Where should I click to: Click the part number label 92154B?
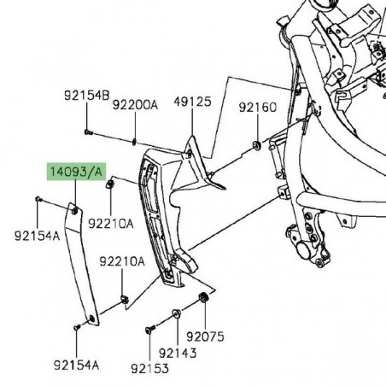[x=87, y=95]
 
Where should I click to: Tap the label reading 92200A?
[x=135, y=105]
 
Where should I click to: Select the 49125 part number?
[x=193, y=102]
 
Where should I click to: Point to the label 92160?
[x=258, y=108]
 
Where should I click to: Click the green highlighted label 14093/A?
[x=76, y=172]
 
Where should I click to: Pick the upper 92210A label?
[x=111, y=224]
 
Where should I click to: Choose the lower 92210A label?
[x=122, y=261]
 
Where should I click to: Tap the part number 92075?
[x=205, y=336]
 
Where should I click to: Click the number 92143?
[x=178, y=353]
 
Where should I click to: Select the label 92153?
[x=149, y=369]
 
